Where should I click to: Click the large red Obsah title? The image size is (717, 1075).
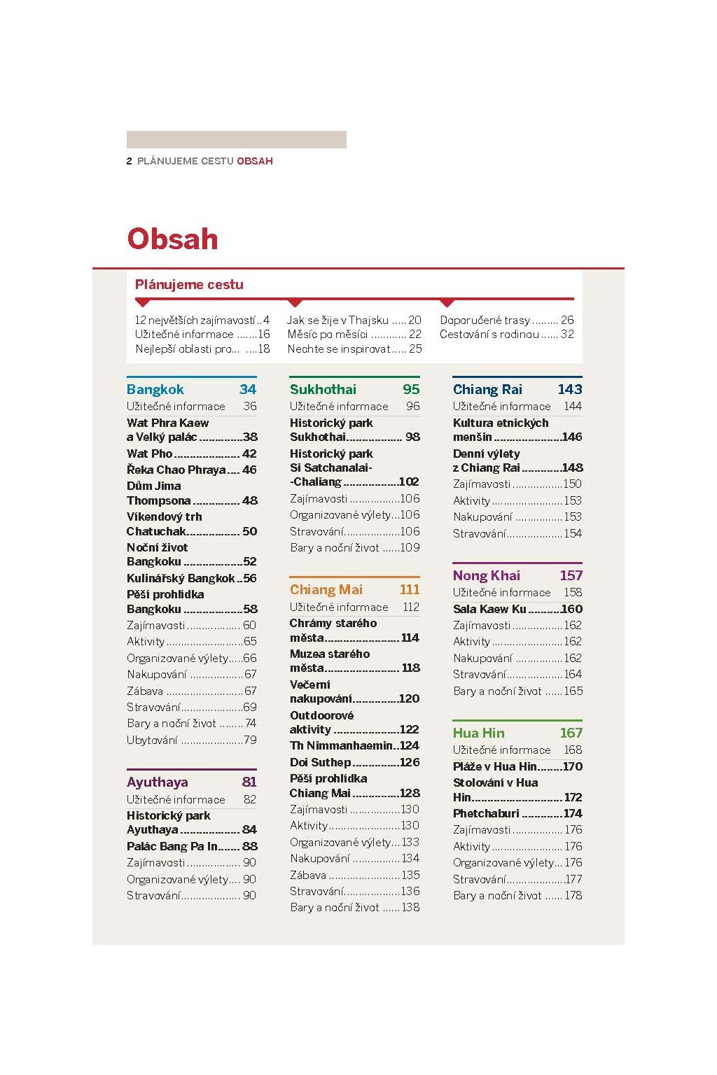tap(172, 239)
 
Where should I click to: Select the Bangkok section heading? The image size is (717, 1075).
tap(155, 389)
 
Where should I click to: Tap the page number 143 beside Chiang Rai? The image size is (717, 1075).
tap(569, 389)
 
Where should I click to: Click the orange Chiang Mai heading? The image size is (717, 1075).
tap(326, 589)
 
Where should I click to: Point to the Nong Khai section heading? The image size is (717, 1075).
tap(486, 575)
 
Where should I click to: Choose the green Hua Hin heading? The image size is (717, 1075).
tap(478, 733)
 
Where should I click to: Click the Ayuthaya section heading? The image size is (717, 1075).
tap(157, 782)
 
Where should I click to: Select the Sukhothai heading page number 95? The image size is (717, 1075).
tap(411, 389)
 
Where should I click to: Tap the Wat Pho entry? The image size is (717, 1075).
tap(192, 454)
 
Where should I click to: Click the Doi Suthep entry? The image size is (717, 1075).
tap(354, 762)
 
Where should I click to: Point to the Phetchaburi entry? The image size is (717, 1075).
tap(517, 813)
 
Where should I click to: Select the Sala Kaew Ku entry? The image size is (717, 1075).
tap(517, 609)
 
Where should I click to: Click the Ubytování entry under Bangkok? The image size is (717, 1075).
tap(192, 740)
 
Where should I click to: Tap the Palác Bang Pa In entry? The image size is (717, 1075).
tap(192, 846)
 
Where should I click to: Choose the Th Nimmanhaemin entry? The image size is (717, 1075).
tap(354, 745)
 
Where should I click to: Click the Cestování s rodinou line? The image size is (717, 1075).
tap(507, 334)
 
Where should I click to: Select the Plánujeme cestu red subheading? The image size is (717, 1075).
tap(189, 285)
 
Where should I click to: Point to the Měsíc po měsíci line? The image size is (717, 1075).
tap(354, 334)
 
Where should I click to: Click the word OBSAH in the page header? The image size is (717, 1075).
tap(255, 161)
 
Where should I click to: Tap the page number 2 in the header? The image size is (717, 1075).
tap(129, 161)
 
